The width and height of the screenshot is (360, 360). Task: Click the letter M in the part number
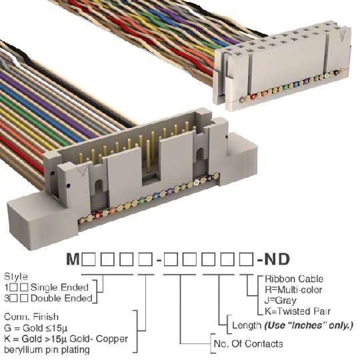click(73, 259)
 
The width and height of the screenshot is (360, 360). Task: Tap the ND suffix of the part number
click(277, 259)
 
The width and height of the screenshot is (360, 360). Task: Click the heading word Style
click(16, 277)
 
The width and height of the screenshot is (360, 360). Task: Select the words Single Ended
click(59, 287)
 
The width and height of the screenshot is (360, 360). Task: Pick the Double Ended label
click(61, 298)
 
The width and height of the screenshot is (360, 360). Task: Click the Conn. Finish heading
click(31, 317)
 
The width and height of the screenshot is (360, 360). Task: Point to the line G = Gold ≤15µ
click(35, 328)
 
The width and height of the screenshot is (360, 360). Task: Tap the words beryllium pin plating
click(47, 350)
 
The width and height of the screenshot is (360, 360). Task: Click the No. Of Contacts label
click(248, 344)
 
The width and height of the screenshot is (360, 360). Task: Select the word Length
click(247, 325)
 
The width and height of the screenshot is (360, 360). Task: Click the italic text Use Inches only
click(309, 325)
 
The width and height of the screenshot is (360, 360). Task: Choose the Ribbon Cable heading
click(294, 279)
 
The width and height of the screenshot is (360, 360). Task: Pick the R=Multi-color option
click(293, 290)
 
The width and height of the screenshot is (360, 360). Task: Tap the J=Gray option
click(280, 301)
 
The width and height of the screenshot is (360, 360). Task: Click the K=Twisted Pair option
click(297, 311)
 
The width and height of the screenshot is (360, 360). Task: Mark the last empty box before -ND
click(246, 259)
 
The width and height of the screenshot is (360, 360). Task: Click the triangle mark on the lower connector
click(83, 171)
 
